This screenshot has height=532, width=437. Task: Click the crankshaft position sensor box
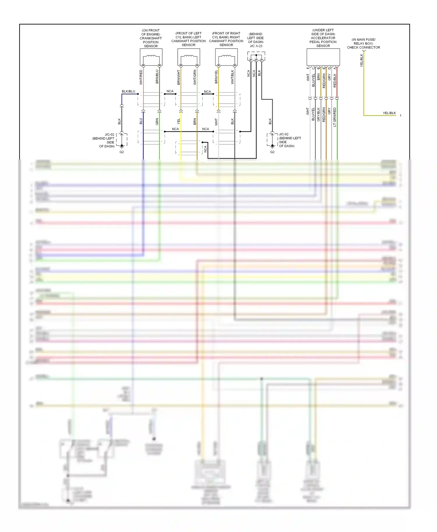click(x=151, y=57)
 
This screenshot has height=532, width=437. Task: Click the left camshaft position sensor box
click(x=188, y=57)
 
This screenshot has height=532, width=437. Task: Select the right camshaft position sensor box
click(x=226, y=57)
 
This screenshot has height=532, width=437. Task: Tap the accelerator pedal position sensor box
click(x=323, y=57)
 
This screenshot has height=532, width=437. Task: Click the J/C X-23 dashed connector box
click(x=256, y=56)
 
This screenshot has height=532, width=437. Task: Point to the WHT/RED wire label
click(x=141, y=77)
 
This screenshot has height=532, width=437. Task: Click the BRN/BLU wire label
click(x=157, y=77)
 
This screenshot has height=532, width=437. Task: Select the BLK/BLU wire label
click(x=128, y=91)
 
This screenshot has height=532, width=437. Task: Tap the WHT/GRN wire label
click(x=195, y=77)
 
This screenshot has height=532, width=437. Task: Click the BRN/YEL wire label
click(x=216, y=77)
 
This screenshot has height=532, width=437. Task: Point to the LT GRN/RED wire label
click(x=335, y=117)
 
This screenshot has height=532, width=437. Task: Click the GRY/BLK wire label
click(x=318, y=114)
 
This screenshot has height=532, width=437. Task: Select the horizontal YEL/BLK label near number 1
click(x=389, y=113)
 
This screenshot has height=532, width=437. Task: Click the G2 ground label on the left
click(x=122, y=152)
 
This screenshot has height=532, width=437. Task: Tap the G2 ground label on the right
click(x=272, y=152)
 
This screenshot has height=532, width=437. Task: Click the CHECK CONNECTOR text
click(x=363, y=47)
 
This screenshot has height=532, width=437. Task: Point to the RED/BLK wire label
click(x=335, y=81)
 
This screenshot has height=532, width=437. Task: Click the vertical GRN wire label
click(x=157, y=121)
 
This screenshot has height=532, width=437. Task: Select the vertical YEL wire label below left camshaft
click(x=179, y=121)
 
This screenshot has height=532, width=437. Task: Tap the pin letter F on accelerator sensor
click(x=308, y=68)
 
